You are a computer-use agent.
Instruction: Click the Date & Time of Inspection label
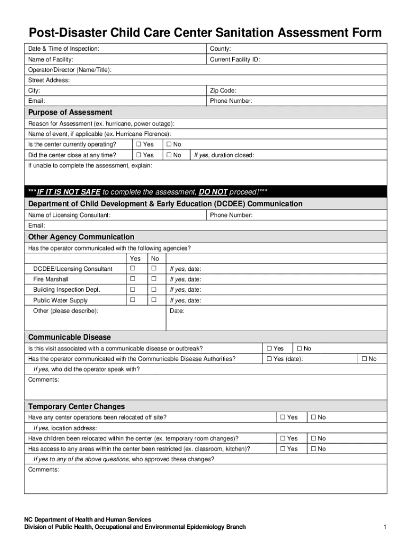tap(64, 49)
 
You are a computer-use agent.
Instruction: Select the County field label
tap(220, 49)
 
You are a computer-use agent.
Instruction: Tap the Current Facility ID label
tap(235, 60)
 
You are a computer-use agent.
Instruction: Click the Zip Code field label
tap(223, 91)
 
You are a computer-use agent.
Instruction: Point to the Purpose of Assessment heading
tap(70, 113)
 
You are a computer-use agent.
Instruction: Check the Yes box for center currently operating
tap(139, 144)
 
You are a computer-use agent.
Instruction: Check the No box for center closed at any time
tap(169, 155)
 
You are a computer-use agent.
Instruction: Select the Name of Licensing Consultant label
tap(69, 215)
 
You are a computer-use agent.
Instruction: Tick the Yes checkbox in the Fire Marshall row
tap(133, 279)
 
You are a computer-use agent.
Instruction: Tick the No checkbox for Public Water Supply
tap(154, 300)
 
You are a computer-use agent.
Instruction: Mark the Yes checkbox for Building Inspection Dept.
tap(133, 290)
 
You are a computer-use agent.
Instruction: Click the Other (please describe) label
tap(66, 311)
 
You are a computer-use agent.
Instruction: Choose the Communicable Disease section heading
tap(69, 338)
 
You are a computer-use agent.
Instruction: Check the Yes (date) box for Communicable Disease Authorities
tap(269, 359)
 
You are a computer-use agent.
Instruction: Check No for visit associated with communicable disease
tap(299, 349)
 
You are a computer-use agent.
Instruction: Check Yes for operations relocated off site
tap(283, 417)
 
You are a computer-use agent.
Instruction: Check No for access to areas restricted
tap(314, 449)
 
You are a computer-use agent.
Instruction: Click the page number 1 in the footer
tap(384, 527)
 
